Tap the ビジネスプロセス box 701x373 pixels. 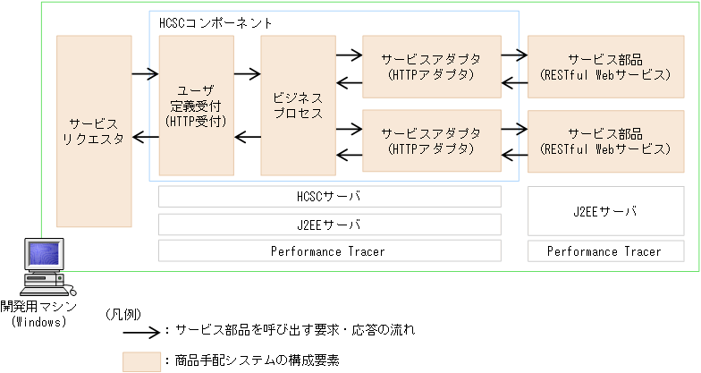coord(299,105)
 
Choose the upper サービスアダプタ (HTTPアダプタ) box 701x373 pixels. coord(431,66)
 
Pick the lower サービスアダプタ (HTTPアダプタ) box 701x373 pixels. coord(431,140)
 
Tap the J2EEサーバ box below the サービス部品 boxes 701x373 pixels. coord(604,211)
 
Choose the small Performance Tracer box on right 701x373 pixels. coord(604,251)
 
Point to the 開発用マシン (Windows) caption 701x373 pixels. coord(38,314)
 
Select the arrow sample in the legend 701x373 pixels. coord(141,330)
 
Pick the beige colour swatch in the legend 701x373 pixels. coord(140,360)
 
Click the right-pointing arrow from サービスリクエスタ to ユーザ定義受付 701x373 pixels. coord(144,72)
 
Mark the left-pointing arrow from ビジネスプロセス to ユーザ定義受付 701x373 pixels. coord(247,137)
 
